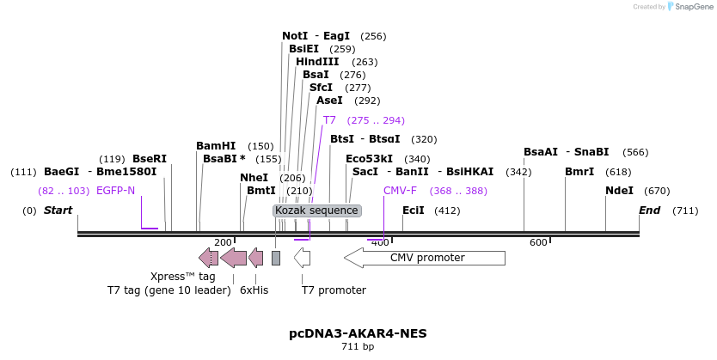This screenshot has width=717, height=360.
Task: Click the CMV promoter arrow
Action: [425, 258]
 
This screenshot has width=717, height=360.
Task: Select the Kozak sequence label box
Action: [316, 211]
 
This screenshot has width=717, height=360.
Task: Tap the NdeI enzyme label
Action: [619, 191]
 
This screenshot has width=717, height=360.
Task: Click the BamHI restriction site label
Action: [216, 146]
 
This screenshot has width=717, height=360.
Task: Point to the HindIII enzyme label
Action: [317, 62]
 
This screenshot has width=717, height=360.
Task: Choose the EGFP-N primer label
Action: [115, 191]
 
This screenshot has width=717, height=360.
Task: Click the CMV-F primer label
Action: [400, 191]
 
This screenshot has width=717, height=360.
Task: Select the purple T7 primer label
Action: [329, 120]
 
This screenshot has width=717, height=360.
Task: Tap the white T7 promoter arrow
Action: [302, 257]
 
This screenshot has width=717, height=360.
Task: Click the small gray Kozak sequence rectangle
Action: [276, 258]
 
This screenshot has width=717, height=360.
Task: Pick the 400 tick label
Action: [379, 243]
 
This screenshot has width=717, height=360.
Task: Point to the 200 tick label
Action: [223, 243]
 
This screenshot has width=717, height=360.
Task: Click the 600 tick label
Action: [538, 243]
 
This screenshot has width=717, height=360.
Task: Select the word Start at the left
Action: [58, 211]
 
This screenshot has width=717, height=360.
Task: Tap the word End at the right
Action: [650, 211]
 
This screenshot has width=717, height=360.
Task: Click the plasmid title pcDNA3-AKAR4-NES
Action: [358, 333]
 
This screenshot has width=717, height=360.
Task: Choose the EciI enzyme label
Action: [413, 211]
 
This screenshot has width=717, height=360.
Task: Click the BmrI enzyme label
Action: [579, 172]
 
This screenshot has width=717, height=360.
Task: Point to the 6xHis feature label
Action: [254, 290]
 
